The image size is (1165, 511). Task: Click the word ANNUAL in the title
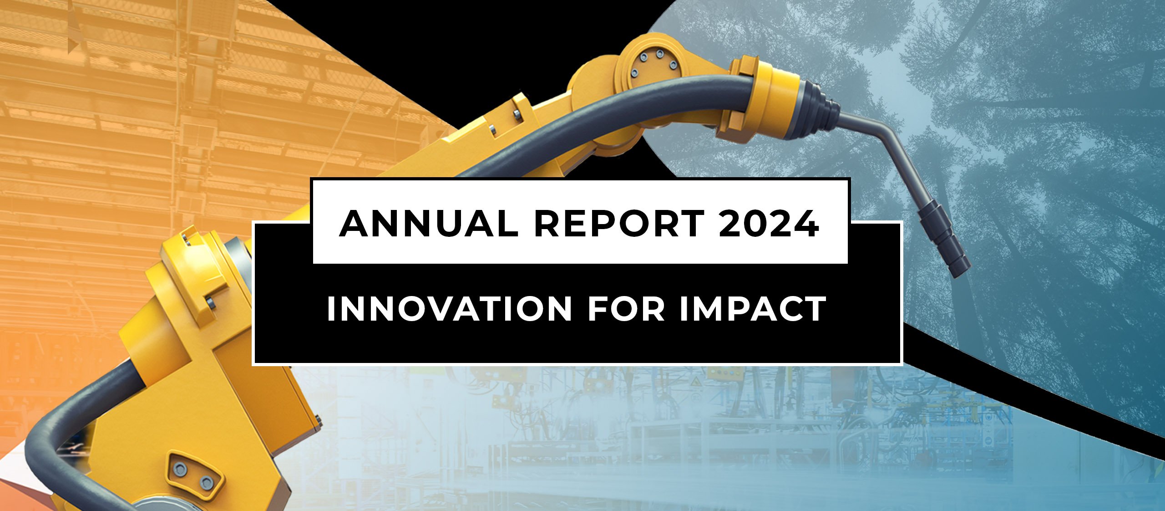click(428, 224)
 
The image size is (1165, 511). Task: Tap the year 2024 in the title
click(769, 224)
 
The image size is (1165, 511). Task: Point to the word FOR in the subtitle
click(626, 309)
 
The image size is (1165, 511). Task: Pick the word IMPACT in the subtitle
click(753, 309)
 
